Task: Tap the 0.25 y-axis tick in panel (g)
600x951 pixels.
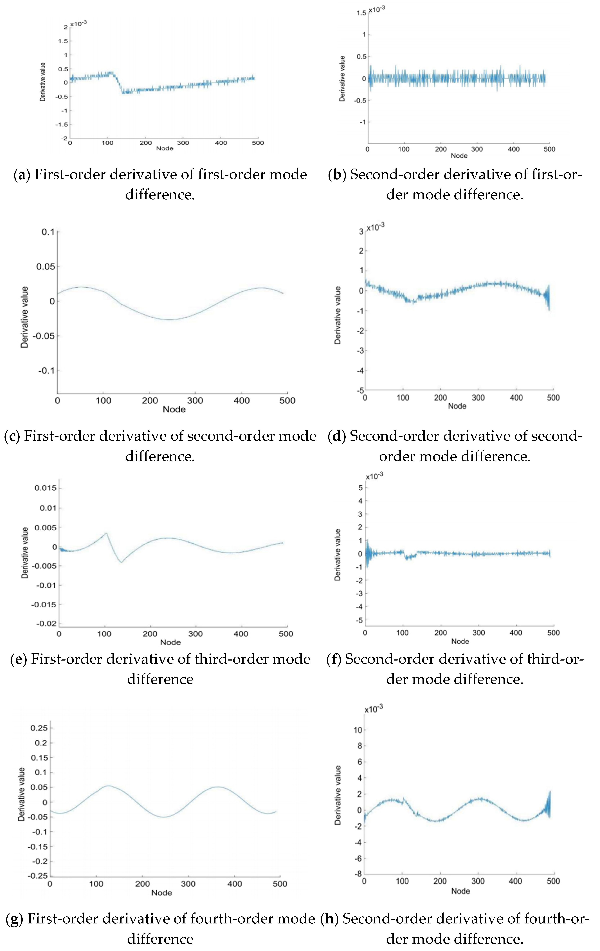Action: point(39,728)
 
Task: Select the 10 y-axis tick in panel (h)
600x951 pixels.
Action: point(358,730)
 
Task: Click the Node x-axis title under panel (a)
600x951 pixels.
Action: point(165,149)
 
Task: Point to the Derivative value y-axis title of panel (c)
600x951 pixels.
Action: point(24,317)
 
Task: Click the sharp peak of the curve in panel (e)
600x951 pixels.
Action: point(106,533)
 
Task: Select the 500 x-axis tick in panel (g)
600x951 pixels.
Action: point(280,884)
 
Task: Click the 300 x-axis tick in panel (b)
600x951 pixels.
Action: point(477,149)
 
